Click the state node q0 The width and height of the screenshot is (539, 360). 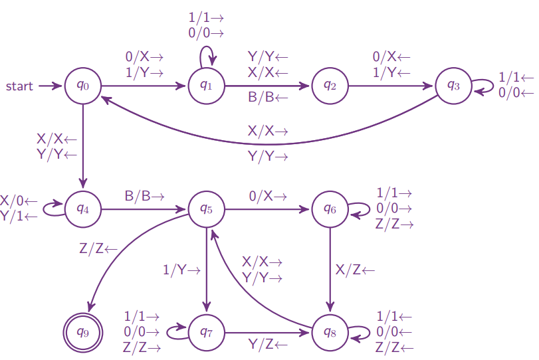click(83, 86)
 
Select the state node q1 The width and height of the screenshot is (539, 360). click(207, 86)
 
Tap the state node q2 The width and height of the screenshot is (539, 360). click(330, 86)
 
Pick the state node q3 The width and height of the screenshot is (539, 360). click(454, 86)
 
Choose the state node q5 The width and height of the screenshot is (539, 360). click(207, 209)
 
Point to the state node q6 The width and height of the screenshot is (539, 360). click(330, 209)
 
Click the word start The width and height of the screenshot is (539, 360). click(20, 86)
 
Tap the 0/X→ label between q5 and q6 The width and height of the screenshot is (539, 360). click(269, 197)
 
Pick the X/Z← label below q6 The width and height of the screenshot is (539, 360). click(355, 270)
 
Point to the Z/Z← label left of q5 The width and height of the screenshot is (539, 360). click(98, 249)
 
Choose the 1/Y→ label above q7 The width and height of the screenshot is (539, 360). click(181, 270)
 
